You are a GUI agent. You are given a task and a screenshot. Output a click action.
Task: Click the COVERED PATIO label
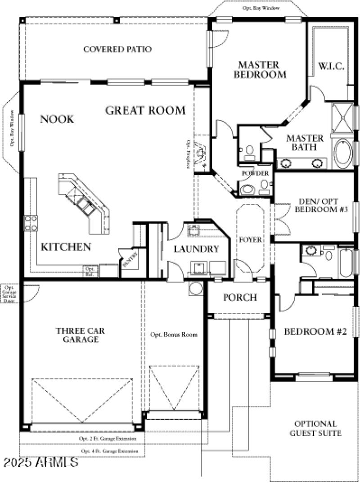click(117, 49)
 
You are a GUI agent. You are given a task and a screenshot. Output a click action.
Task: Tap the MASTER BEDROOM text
click(259, 70)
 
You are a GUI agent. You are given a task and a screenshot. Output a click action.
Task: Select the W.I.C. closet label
click(332, 66)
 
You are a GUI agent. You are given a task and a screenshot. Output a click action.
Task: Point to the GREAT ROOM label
click(145, 110)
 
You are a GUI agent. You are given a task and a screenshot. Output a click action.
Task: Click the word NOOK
click(57, 119)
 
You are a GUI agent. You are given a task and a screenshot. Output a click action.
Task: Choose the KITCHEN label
click(66, 247)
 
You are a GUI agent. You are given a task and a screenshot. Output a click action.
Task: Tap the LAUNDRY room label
click(196, 249)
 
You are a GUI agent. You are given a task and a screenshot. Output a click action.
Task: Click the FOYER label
click(250, 240)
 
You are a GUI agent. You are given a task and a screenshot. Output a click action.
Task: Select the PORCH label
click(240, 298)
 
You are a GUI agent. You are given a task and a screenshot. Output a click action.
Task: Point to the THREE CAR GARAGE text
click(81, 335)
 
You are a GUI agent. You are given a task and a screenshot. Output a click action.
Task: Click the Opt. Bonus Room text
click(174, 335)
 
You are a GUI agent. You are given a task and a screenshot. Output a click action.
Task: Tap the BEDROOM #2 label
click(315, 332)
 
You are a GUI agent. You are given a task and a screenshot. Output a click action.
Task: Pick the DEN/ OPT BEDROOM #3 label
click(318, 206)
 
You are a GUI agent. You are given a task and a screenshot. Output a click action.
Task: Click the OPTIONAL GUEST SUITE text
click(315, 429)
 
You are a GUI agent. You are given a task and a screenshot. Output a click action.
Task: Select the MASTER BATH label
click(305, 142)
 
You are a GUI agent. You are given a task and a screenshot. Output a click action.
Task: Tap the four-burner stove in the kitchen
click(31, 223)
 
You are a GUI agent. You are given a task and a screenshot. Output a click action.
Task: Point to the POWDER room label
click(255, 174)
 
